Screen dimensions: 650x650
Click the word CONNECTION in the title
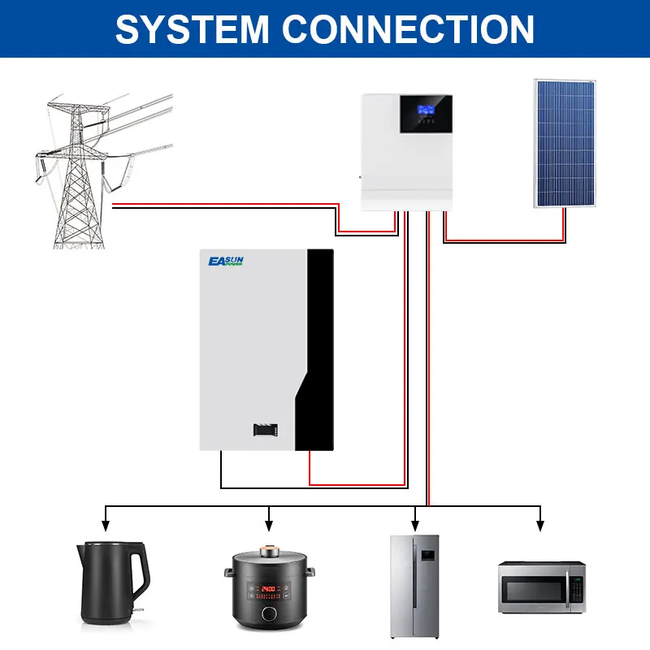coord(409,29)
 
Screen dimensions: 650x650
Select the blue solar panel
coord(563,142)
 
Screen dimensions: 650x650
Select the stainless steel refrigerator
coord(414,586)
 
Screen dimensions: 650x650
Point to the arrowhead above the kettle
coord(104,521)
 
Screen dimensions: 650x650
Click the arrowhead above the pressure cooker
coord(269,521)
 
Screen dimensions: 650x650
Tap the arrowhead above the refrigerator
coord(415,521)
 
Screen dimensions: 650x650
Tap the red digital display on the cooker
coord(269,586)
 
